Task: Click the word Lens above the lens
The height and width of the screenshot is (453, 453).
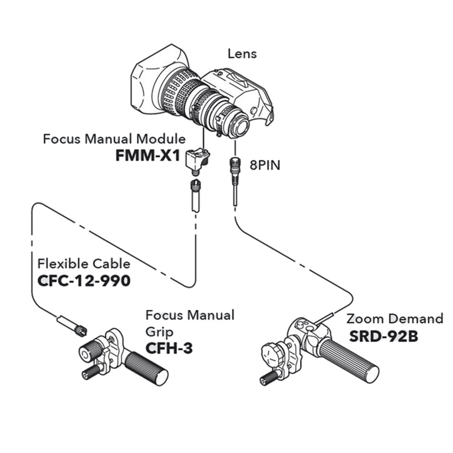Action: click(x=242, y=54)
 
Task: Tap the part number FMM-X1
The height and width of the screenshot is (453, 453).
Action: click(x=148, y=156)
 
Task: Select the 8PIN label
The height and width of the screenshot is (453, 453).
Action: click(x=265, y=165)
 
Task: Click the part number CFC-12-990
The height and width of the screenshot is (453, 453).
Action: click(x=84, y=281)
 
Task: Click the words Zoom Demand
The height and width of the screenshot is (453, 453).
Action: click(x=395, y=319)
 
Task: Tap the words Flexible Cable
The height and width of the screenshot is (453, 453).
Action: click(x=84, y=264)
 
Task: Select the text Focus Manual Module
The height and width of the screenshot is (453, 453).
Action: click(x=114, y=139)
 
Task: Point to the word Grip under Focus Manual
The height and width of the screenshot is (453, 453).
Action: click(x=159, y=332)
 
